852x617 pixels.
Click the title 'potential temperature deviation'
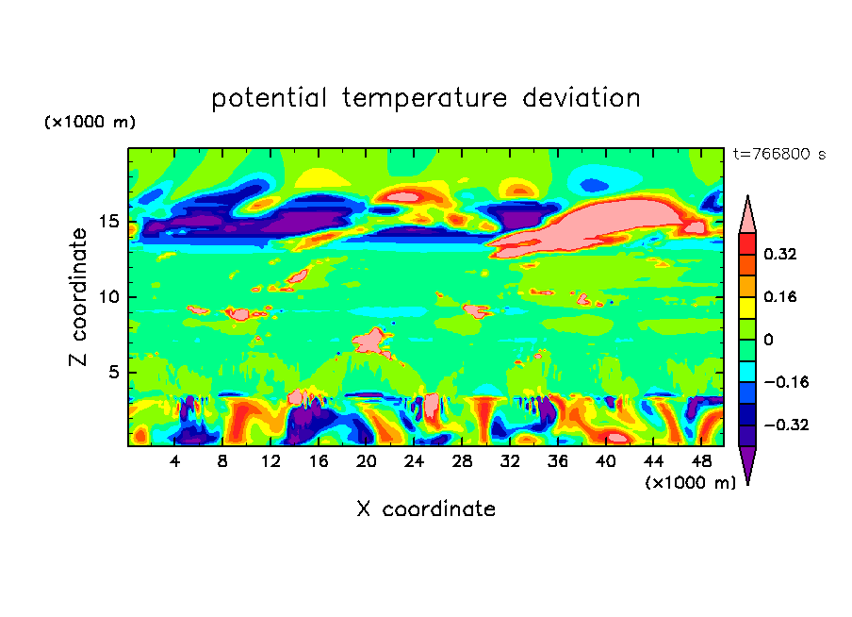[426, 98]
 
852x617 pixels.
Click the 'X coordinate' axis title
[426, 509]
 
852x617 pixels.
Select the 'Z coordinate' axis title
[79, 296]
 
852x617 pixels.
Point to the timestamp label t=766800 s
[778, 154]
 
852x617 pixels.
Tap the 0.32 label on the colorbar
[780, 254]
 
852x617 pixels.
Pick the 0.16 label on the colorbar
[780, 296]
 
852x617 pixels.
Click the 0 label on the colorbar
[768, 340]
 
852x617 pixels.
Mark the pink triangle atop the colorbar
[747, 216]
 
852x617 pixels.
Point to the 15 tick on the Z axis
[112, 222]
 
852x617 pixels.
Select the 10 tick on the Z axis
[112, 297]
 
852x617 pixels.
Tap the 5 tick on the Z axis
[116, 373]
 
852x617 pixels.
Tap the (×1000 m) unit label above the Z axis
[90, 123]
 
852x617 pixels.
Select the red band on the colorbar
[747, 242]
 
